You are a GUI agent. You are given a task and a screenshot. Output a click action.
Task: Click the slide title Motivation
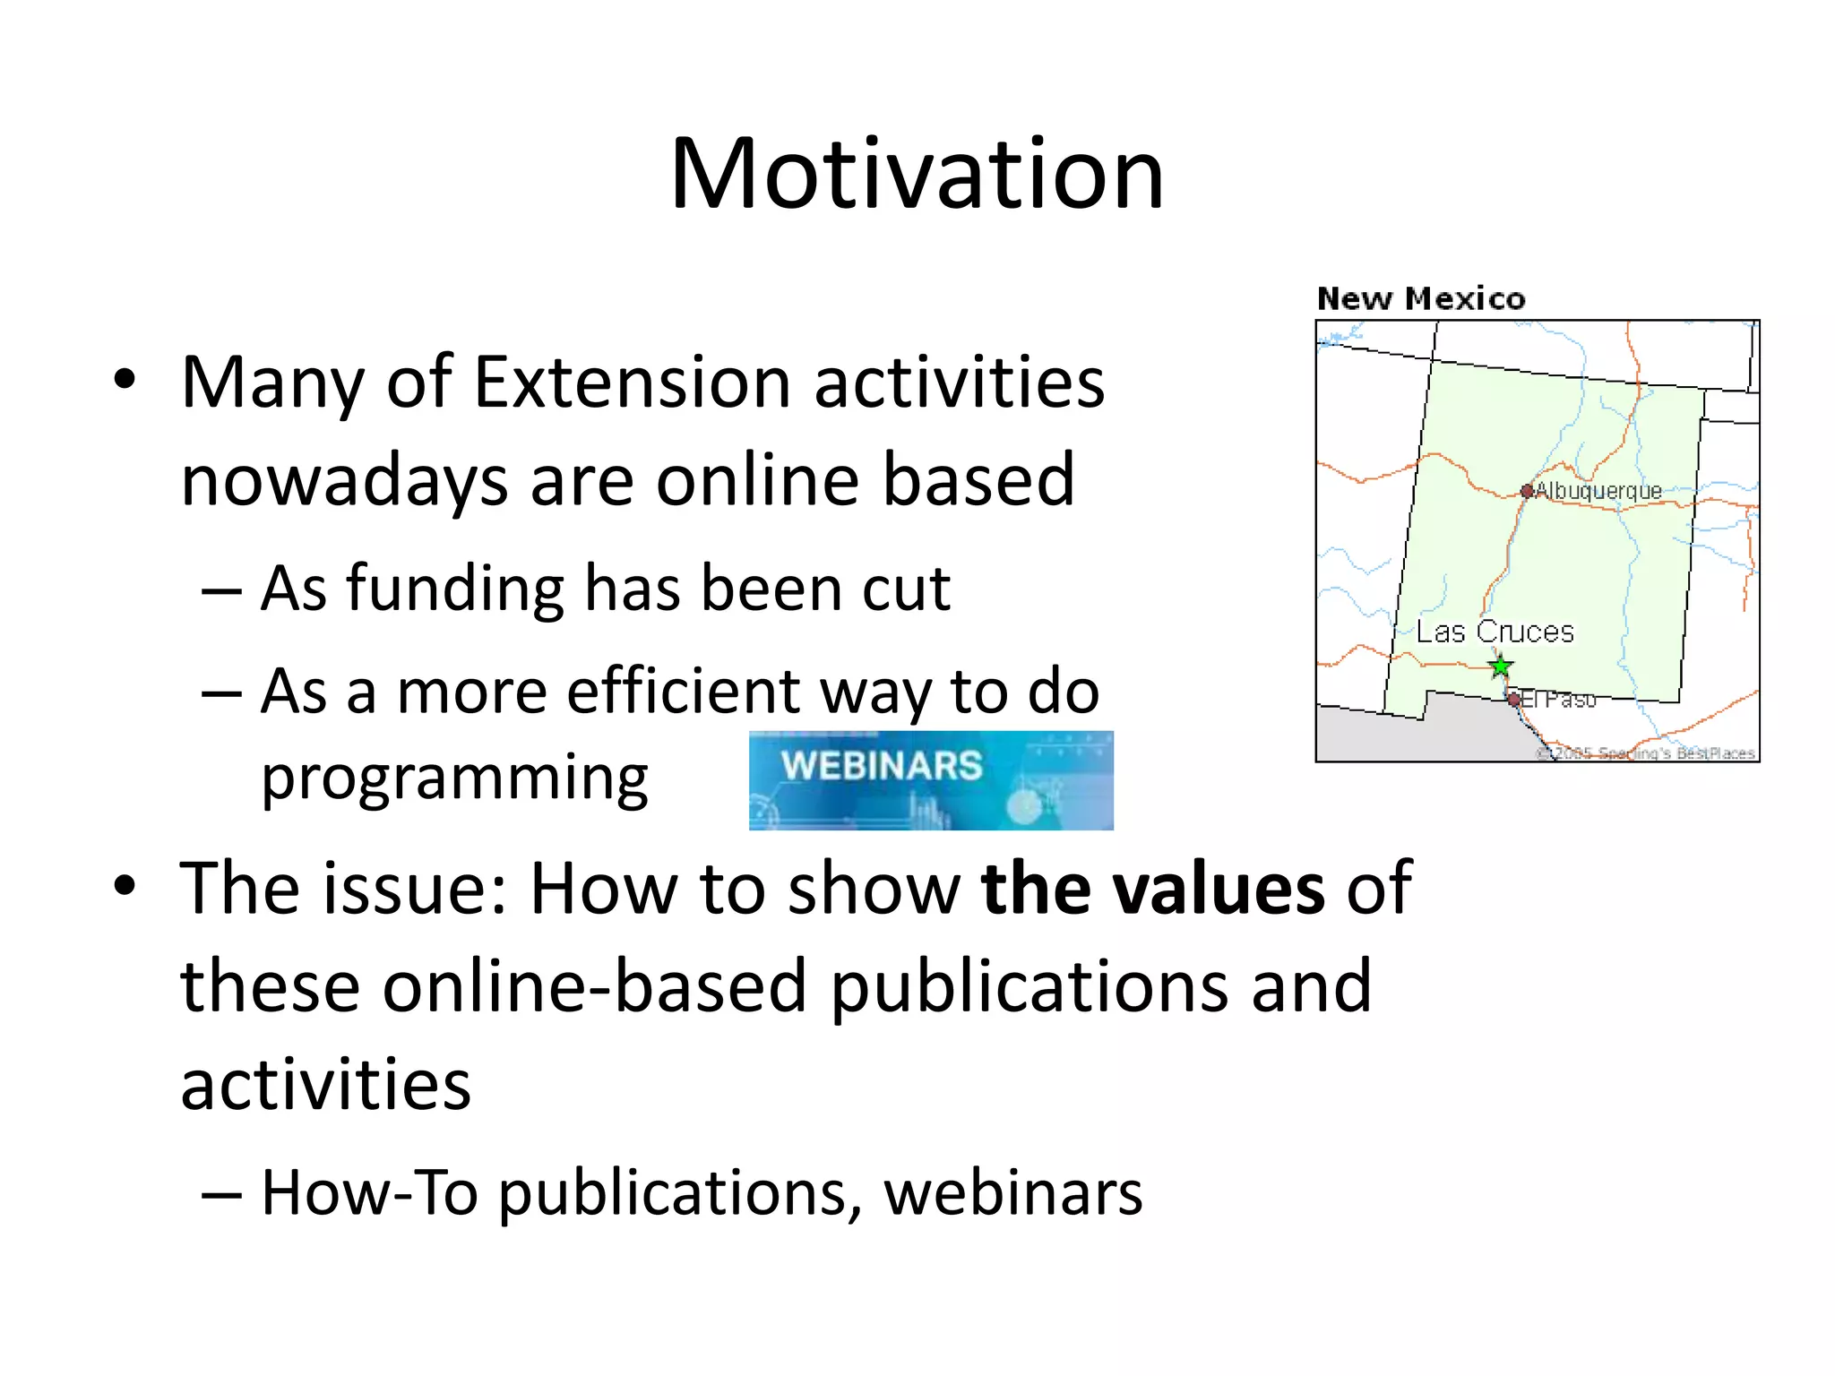[x=917, y=174]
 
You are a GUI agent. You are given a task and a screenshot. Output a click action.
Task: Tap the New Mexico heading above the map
[x=1420, y=298]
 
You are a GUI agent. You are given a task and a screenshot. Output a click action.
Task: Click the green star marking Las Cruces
[x=1501, y=666]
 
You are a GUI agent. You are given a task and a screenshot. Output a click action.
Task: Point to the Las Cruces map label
[x=1495, y=632]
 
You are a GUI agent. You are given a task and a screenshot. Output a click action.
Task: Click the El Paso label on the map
[x=1558, y=699]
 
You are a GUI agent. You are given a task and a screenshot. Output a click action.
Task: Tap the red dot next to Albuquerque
[x=1527, y=491]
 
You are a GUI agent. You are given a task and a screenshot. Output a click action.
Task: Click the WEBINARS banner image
[x=931, y=780]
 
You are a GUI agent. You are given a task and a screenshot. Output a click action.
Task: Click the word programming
[x=454, y=778]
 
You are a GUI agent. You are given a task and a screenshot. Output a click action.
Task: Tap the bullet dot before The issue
[x=125, y=885]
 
